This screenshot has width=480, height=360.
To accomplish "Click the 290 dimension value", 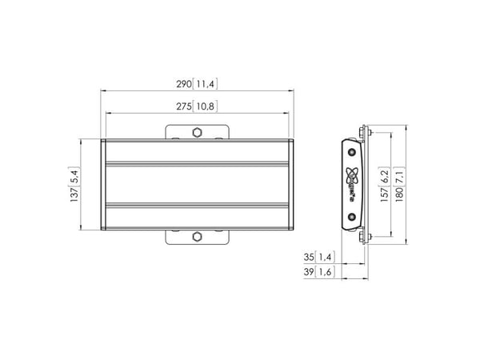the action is point(184,84).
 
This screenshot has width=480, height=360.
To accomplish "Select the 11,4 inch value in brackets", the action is point(205,84).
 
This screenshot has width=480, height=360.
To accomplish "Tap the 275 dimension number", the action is point(184,106).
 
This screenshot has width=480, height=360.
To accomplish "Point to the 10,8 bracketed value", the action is point(205,106).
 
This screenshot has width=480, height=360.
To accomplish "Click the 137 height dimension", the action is point(74,194).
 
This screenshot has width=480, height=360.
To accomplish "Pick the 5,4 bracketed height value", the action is point(74,176).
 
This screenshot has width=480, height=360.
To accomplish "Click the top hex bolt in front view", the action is point(197,133).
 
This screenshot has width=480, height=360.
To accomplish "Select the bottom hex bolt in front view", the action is point(197,237).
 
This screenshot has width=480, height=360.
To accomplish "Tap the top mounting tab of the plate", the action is point(197,132).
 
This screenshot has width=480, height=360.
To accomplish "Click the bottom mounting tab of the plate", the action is point(197,238).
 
